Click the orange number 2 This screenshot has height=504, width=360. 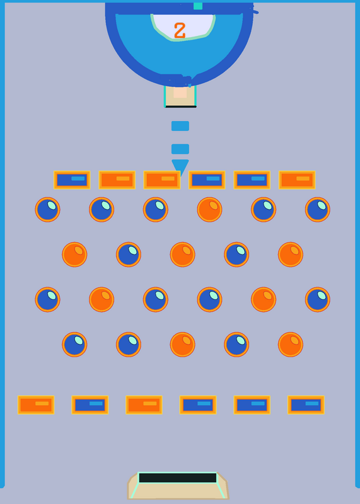[180, 31]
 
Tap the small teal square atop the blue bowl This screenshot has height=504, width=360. [198, 6]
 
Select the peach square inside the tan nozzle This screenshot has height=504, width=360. [180, 92]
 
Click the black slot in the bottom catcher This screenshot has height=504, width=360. [178, 478]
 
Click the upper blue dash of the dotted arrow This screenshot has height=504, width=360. [180, 126]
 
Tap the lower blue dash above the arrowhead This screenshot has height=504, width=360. [180, 149]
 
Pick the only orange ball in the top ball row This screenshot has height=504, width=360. [209, 210]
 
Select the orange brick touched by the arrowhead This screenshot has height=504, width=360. [162, 180]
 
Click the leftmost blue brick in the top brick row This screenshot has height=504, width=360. [72, 180]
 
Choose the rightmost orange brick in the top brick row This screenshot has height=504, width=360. [297, 180]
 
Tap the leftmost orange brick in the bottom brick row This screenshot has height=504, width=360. [36, 405]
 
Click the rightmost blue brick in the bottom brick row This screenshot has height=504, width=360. [306, 405]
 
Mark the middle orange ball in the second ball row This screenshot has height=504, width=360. [182, 255]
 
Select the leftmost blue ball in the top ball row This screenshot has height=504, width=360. [48, 210]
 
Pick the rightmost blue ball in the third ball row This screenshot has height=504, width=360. [318, 300]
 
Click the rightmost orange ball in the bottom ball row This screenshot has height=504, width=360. [291, 345]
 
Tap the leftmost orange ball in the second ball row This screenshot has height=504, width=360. [74, 255]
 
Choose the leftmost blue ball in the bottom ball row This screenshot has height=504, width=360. [74, 345]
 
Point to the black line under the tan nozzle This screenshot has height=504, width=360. [181, 106]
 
